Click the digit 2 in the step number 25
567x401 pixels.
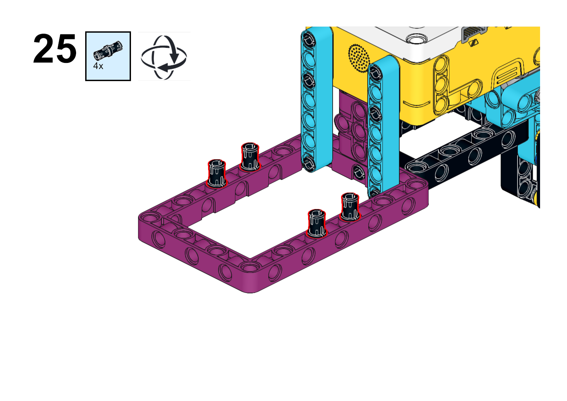coord(43,48)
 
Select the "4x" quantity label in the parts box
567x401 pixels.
coord(98,66)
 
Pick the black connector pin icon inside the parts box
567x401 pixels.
coord(108,50)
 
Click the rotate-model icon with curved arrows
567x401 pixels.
coord(164,58)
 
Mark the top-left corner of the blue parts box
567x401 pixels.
coord(86,32)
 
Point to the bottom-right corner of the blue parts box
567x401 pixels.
coord(131,81)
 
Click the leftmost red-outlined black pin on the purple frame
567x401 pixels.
coord(217,174)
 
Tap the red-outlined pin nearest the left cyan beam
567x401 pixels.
coord(250,157)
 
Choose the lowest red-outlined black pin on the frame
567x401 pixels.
coord(316,223)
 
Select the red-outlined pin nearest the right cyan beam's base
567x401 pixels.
coord(350,207)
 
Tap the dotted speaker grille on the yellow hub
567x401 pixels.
coord(359,58)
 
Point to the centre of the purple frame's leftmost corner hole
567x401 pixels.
coord(150,217)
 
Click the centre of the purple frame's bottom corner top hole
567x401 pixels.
coord(250,267)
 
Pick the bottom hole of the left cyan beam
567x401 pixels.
coord(309,162)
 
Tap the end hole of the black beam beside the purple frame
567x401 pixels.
coord(416,168)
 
